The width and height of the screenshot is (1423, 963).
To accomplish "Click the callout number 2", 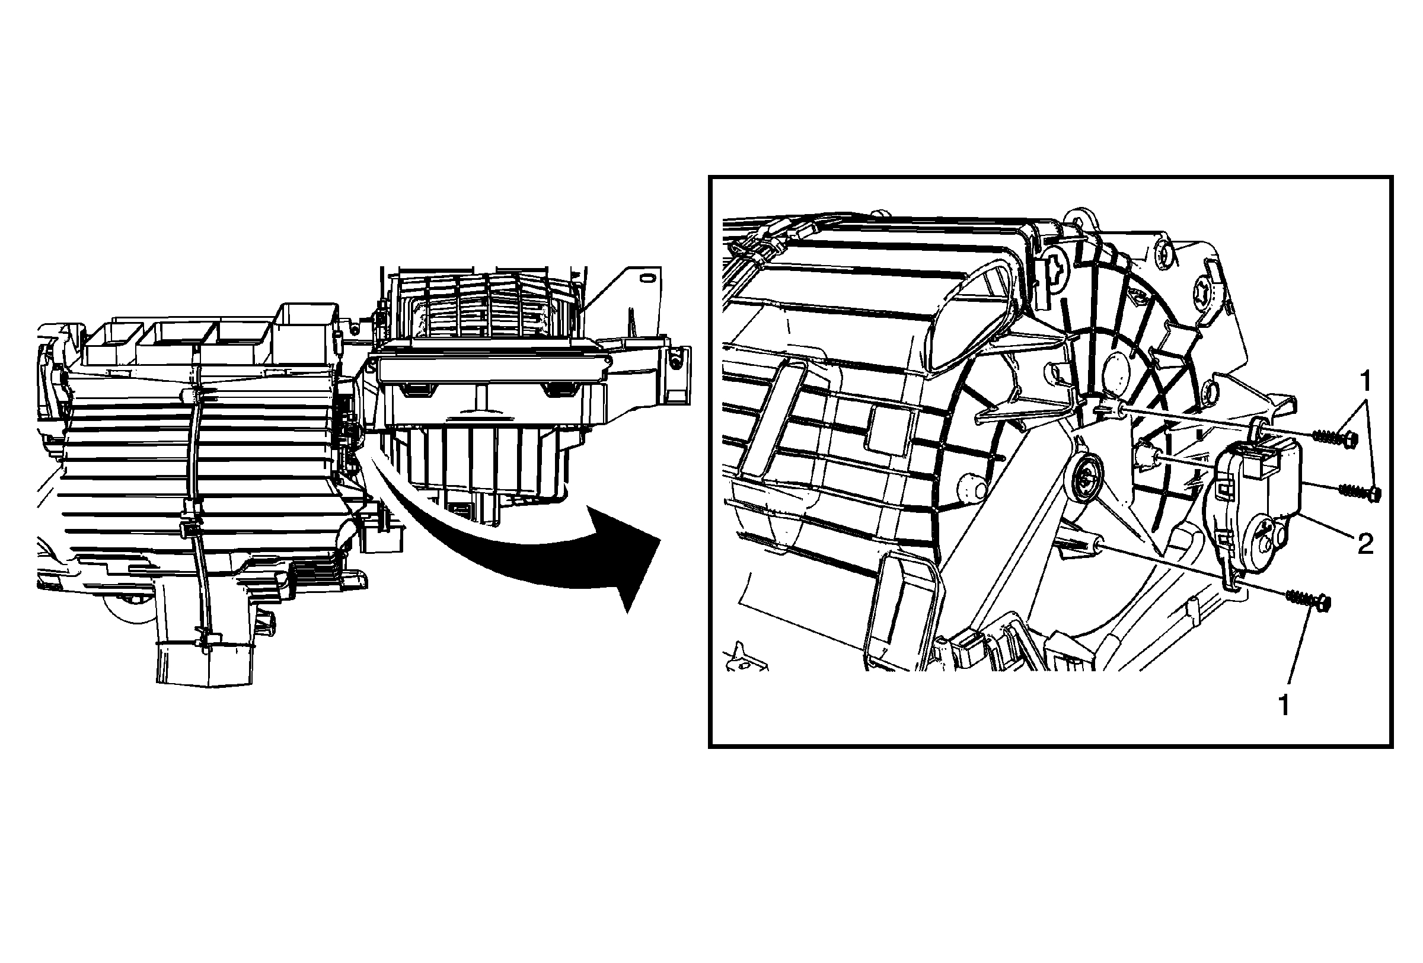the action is [1365, 543].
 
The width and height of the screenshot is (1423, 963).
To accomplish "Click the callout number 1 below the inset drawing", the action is [1284, 706].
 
